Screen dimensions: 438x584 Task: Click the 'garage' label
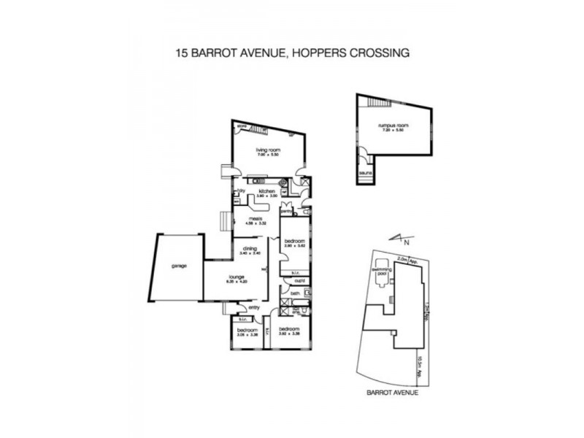click(x=180, y=266)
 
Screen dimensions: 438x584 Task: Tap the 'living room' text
click(x=268, y=150)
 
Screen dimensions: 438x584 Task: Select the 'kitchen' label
click(x=266, y=191)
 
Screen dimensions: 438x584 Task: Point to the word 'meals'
click(x=255, y=218)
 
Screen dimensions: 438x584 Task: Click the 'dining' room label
click(x=250, y=248)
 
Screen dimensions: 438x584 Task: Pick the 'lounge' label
click(x=236, y=277)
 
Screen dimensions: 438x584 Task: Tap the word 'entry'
click(x=254, y=307)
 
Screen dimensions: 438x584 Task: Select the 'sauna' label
click(x=364, y=173)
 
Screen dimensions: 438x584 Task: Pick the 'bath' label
click(x=294, y=293)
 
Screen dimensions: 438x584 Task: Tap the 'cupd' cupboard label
click(x=299, y=280)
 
